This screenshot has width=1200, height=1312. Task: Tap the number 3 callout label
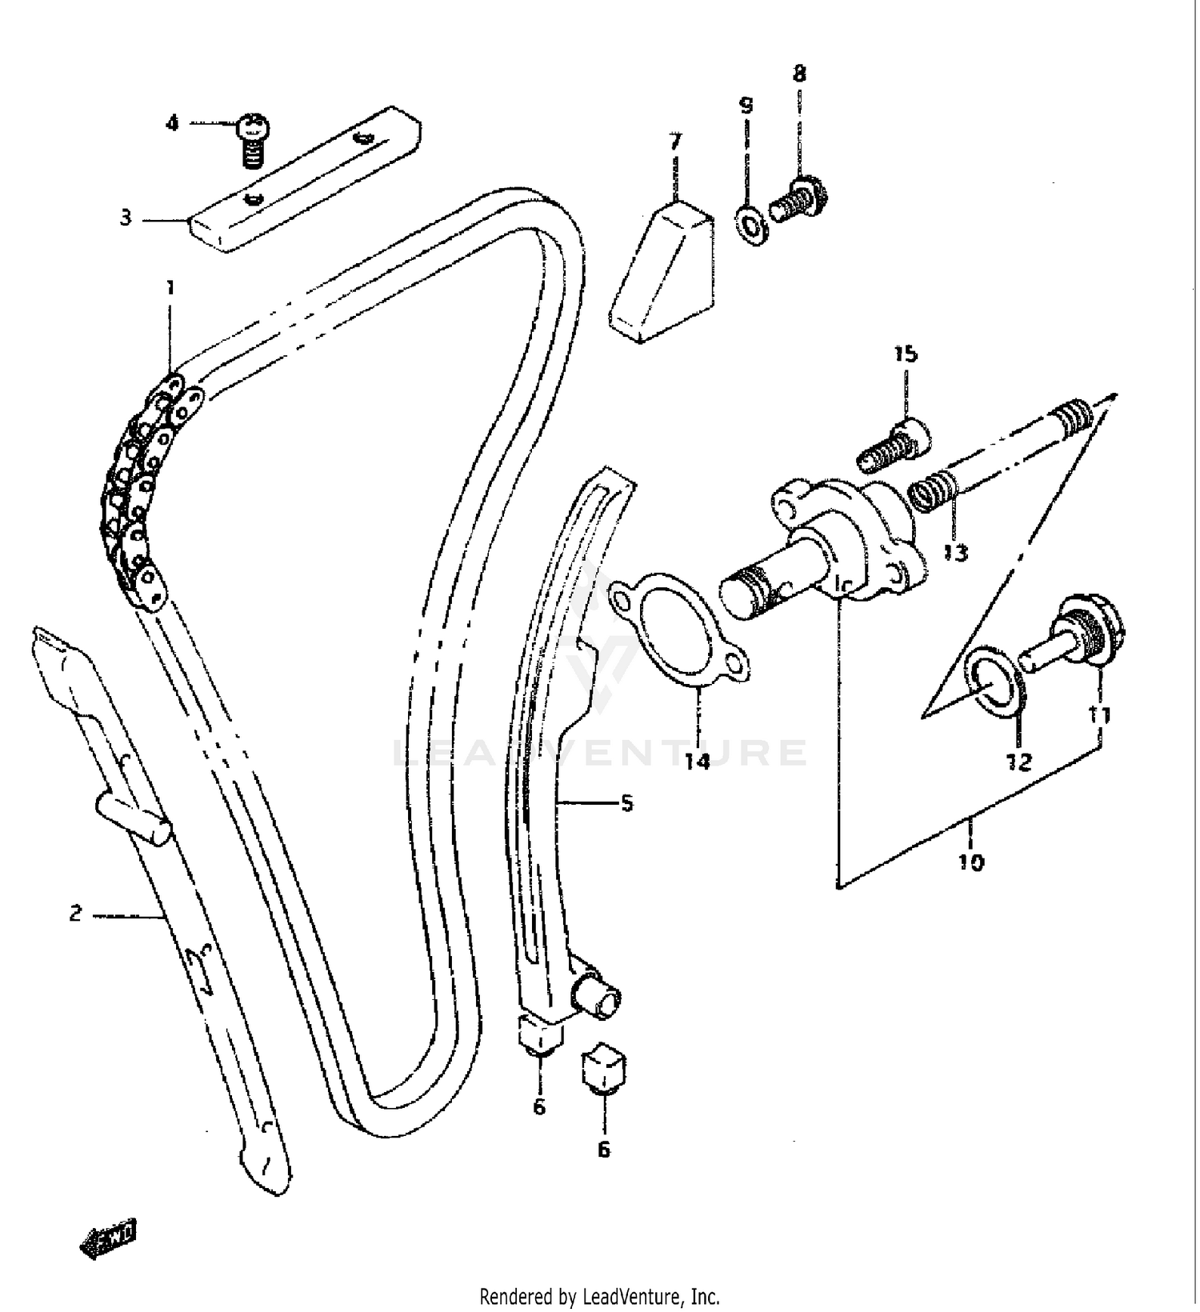pyautogui.click(x=126, y=218)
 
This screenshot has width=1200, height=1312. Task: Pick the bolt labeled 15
pyautogui.click(x=894, y=446)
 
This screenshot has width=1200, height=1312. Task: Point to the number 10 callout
pyautogui.click(x=970, y=862)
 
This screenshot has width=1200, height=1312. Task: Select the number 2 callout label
pyautogui.click(x=75, y=913)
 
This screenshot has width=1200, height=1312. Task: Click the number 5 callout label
pyautogui.click(x=626, y=802)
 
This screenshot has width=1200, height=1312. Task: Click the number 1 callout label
pyautogui.click(x=170, y=287)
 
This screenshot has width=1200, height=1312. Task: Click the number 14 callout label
pyautogui.click(x=697, y=761)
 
